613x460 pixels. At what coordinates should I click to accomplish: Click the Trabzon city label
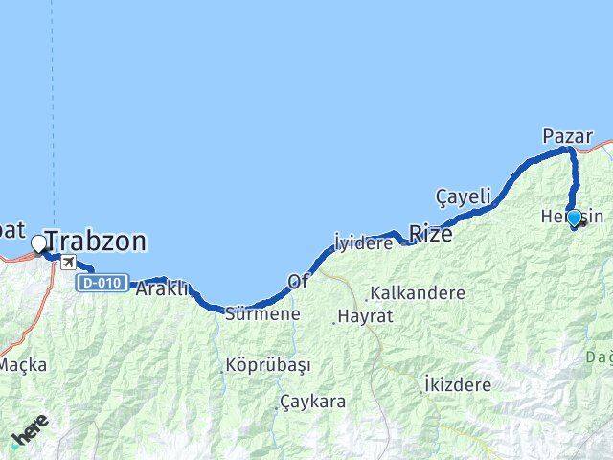[x=96, y=241]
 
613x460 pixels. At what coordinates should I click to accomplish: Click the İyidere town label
[x=364, y=243]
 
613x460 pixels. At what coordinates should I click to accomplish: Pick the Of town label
[x=298, y=282]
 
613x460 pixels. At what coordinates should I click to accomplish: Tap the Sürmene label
[x=261, y=313]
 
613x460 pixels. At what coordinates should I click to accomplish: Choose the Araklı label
[x=162, y=287]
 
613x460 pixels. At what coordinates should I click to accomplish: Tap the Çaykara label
[x=313, y=402]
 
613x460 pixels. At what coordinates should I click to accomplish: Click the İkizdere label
[x=457, y=384]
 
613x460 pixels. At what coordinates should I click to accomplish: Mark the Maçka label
[x=23, y=364]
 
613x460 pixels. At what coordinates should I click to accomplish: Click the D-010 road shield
[x=102, y=282]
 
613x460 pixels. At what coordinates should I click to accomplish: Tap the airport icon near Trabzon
[x=67, y=263]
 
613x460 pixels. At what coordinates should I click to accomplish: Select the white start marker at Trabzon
[x=39, y=244]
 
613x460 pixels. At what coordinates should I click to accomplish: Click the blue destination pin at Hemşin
[x=574, y=218]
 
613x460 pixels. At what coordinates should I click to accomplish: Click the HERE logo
[x=31, y=434]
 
